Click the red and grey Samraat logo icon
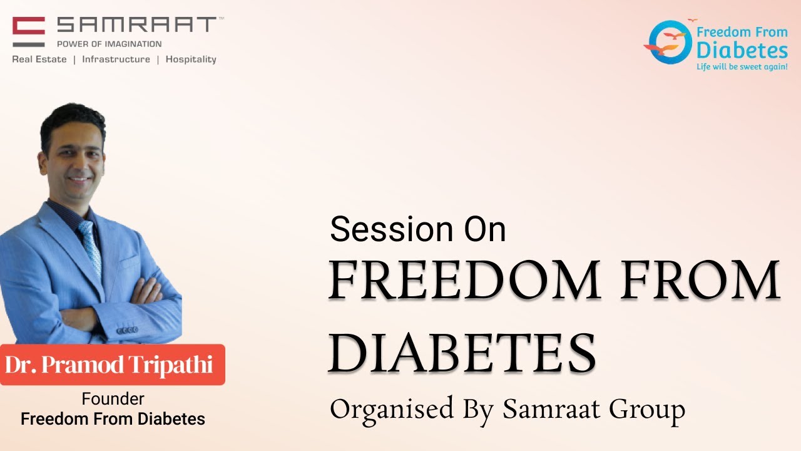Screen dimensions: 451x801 [29, 31]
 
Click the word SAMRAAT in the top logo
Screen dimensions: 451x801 [136, 26]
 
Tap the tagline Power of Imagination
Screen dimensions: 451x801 [109, 44]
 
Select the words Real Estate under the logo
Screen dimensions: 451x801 [39, 60]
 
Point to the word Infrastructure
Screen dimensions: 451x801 [116, 60]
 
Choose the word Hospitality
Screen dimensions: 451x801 [191, 60]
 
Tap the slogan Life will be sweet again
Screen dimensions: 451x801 [742, 66]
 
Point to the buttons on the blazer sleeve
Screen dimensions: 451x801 [127, 329]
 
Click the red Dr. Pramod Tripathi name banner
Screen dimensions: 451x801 [112, 365]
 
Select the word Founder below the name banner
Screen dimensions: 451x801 [113, 399]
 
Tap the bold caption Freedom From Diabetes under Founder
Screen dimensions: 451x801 [113, 419]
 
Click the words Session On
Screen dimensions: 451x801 [417, 229]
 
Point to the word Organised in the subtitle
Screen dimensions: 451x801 [392, 410]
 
